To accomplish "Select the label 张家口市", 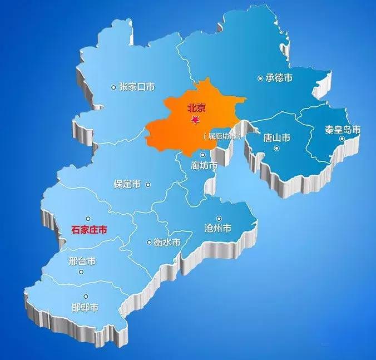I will click(x=136, y=87).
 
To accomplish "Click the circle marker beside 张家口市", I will click(x=114, y=87).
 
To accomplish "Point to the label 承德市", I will click(x=279, y=78).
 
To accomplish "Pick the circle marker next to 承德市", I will click(x=260, y=78).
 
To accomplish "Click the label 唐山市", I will click(x=276, y=137).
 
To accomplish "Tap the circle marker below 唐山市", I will click(x=276, y=149).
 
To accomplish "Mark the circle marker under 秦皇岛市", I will click(x=342, y=139).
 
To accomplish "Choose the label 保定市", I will click(x=127, y=184).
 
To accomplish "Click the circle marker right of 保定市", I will click(x=148, y=185).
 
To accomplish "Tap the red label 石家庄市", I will click(x=90, y=229).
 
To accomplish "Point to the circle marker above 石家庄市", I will click(x=87, y=219).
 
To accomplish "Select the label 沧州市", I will click(x=219, y=228).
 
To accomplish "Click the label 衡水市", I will click(x=167, y=242).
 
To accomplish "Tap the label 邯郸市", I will click(x=85, y=307).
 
